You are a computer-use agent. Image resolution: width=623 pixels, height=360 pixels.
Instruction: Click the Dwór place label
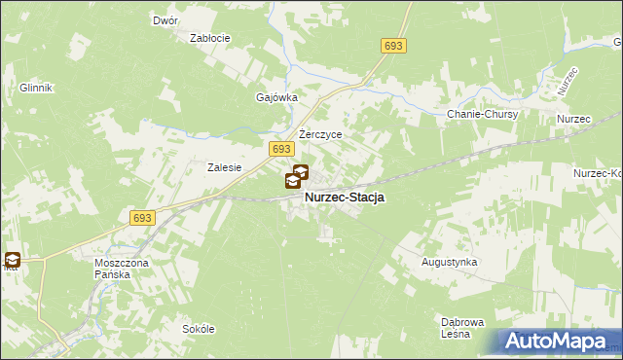[163, 20]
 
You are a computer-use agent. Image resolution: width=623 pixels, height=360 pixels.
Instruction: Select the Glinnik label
[34, 87]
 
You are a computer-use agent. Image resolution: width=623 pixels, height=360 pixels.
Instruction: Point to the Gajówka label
[275, 97]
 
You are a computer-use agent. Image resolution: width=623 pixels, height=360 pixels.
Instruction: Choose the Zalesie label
[224, 167]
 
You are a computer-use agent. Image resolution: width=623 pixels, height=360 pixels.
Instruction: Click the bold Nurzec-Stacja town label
[345, 198]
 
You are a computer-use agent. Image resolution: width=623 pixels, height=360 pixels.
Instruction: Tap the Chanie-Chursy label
[482, 114]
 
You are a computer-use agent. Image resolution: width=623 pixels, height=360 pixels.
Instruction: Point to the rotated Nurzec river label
[568, 81]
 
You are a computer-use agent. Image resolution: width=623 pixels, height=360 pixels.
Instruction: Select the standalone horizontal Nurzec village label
[574, 119]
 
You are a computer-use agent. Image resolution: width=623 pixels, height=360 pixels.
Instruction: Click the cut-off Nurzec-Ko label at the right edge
[598, 173]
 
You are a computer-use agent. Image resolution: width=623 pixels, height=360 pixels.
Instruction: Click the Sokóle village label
[198, 329]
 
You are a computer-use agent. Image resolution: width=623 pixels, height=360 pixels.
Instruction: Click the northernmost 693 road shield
[393, 46]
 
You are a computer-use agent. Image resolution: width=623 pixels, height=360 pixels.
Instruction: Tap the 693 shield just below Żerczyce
[280, 148]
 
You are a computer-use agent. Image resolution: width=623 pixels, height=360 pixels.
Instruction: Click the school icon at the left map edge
[12, 259]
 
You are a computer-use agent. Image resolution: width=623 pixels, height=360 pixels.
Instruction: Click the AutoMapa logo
[558, 342]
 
